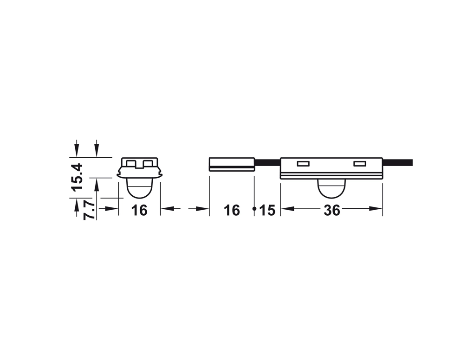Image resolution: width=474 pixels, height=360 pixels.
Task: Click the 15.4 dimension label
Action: click(77, 176)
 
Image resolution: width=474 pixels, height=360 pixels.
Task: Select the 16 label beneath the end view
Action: click(139, 210)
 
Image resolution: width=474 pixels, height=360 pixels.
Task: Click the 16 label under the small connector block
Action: click(232, 210)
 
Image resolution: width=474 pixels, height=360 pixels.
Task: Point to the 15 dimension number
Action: click(267, 211)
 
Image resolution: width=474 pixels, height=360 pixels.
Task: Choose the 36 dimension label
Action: click(332, 210)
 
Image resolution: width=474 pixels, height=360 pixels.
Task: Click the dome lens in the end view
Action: click(139, 189)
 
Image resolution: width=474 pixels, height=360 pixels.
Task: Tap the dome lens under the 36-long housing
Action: click(331, 189)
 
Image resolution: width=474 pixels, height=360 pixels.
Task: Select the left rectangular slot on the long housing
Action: click(303, 164)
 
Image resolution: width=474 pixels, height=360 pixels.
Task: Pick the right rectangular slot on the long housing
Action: click(360, 164)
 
